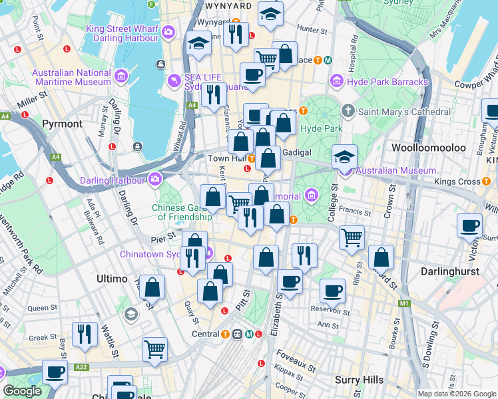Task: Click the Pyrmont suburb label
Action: pyautogui.click(x=62, y=124)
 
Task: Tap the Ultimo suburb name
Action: pyautogui.click(x=112, y=279)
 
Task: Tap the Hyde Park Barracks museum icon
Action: pyautogui.click(x=337, y=82)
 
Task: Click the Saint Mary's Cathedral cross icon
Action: pyautogui.click(x=348, y=111)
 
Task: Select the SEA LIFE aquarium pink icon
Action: pyautogui.click(x=174, y=80)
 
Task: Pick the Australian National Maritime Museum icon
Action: pyautogui.click(x=121, y=76)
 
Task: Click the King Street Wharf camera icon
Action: pyautogui.click(x=168, y=31)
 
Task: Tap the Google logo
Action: pyautogui.click(x=22, y=391)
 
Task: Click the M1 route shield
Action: pyautogui.click(x=403, y=303)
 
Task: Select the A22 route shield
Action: pyautogui.click(x=81, y=366)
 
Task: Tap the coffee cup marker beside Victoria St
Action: pyautogui.click(x=471, y=227)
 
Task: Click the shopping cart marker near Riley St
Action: pyautogui.click(x=352, y=237)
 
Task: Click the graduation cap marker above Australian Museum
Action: pyautogui.click(x=345, y=158)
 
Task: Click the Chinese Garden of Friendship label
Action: pyautogui.click(x=173, y=211)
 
